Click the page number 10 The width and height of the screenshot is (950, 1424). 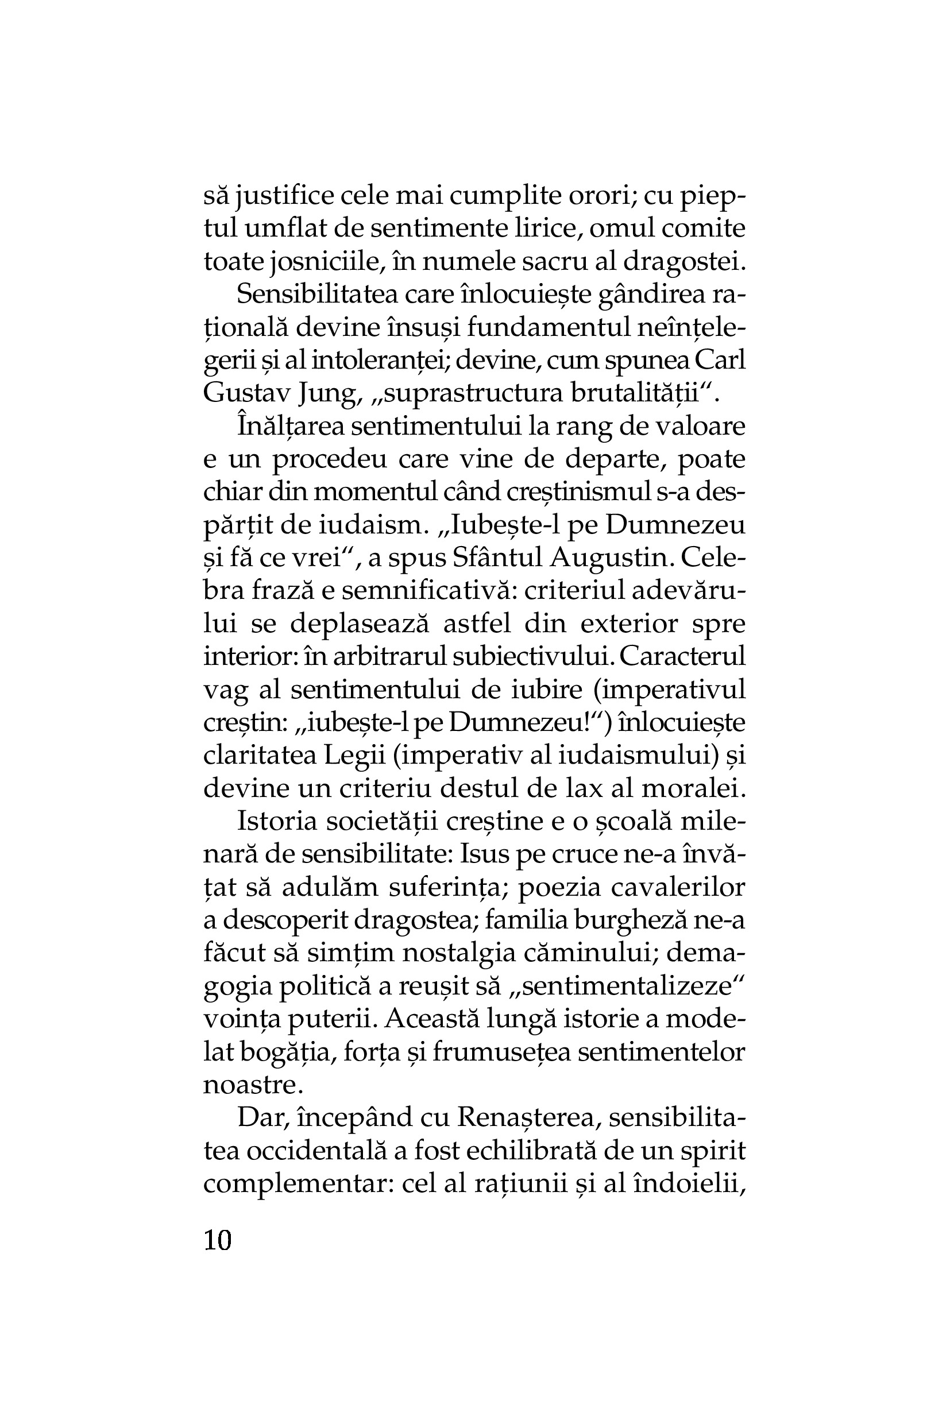[218, 1240]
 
